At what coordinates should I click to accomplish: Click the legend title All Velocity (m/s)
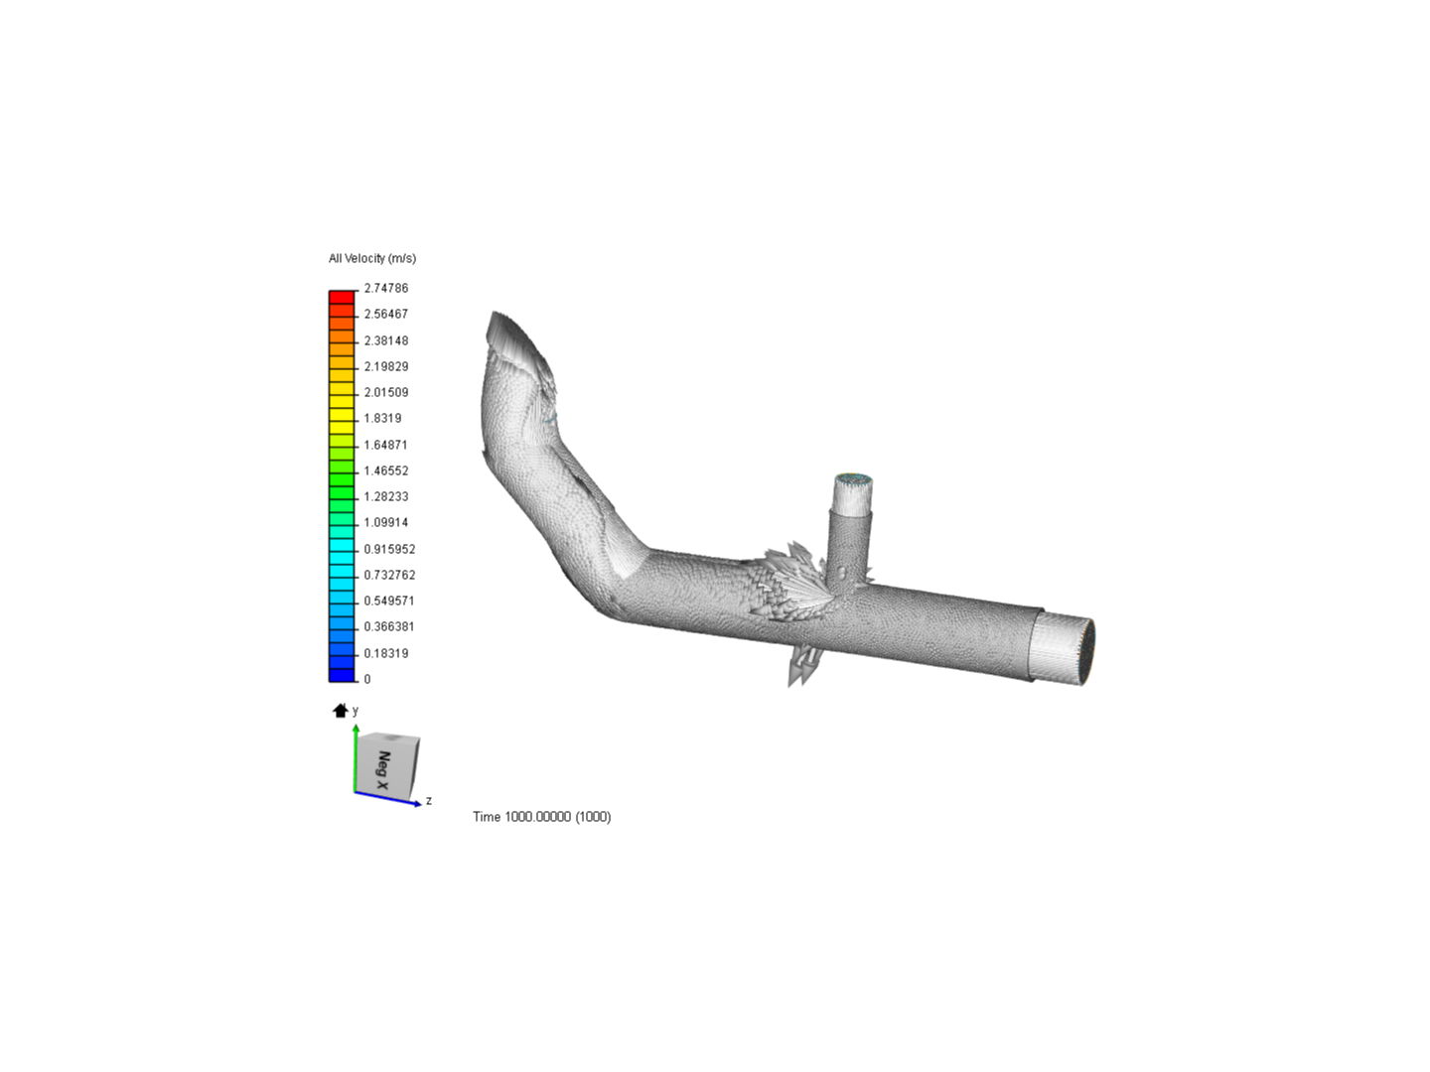tap(372, 258)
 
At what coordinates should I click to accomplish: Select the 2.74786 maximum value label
tap(385, 288)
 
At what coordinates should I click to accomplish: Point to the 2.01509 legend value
tap(385, 392)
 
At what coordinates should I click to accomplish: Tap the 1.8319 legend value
tap(382, 418)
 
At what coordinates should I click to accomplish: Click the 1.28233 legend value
tap(385, 496)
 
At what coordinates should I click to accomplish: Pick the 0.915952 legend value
tap(389, 549)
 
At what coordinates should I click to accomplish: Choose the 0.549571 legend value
tap(389, 601)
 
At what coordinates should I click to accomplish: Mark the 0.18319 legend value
tap(385, 653)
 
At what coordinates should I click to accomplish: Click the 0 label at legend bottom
tap(367, 679)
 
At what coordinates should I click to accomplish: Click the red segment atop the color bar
tap(342, 297)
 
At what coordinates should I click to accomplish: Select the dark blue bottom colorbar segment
tap(342, 675)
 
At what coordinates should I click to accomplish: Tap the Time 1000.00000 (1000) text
tap(541, 816)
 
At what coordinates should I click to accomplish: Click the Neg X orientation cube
tap(388, 764)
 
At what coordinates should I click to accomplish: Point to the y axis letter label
tap(356, 710)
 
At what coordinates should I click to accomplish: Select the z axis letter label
tap(429, 800)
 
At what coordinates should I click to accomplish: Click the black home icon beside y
tap(341, 710)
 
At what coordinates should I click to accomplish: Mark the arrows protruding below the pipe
tap(802, 667)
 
